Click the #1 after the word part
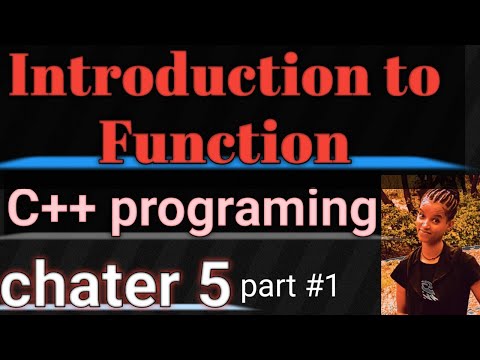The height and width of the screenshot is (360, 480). tap(317, 287)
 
